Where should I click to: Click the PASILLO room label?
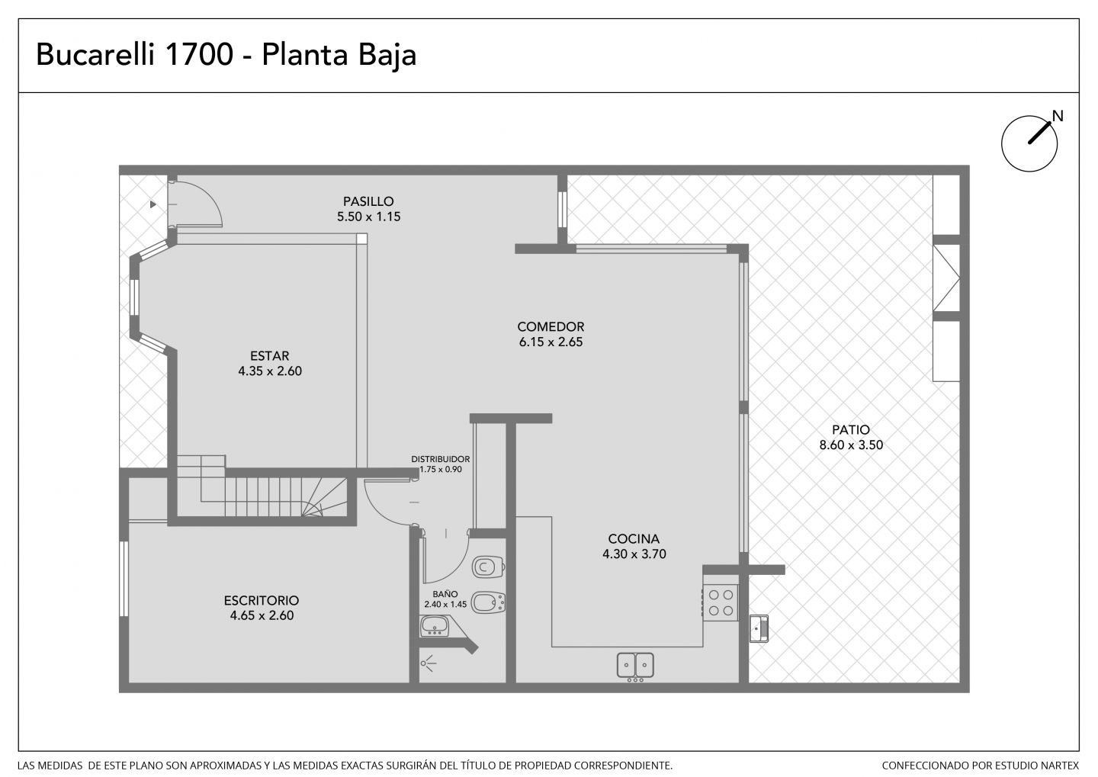368,201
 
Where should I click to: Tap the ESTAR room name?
270,356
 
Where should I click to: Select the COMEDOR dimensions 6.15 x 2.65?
551,342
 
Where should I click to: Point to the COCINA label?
634,539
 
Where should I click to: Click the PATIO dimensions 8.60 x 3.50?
852,445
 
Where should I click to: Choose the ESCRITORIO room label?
262,601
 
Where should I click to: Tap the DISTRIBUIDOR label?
440,459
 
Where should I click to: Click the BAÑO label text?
445,594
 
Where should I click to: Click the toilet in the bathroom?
488,567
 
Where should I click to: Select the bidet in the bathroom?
488,602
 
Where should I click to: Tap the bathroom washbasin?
435,627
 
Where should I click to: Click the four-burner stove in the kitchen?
721,603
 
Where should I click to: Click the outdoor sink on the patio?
759,628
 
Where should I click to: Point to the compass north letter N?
1058,116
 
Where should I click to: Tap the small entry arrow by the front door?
153,204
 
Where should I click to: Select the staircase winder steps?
324,497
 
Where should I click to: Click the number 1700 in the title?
199,54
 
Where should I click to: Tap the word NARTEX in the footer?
1061,766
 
